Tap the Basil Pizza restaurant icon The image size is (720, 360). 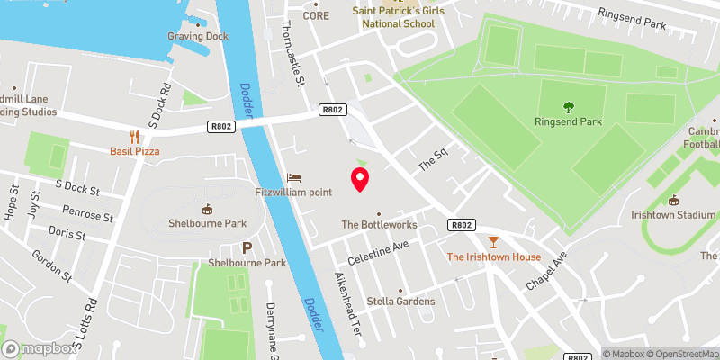tap(135, 137)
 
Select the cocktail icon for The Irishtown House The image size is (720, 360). tap(493, 241)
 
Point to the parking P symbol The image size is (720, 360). tap(247, 247)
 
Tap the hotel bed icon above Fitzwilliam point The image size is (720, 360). tap(292, 177)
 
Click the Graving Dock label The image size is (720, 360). tap(198, 37)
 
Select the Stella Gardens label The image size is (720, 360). tap(401, 301)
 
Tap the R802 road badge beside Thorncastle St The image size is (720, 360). tap(331, 110)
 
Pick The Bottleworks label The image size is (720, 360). tap(378, 224)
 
